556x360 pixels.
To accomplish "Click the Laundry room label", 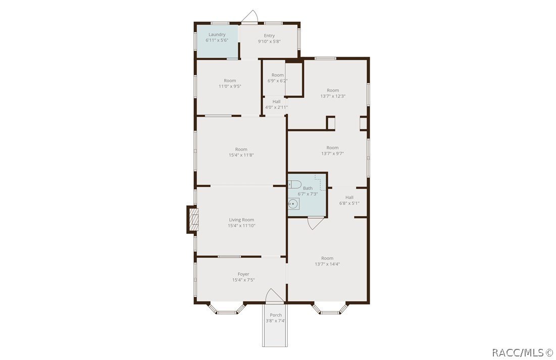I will (x=217, y=34).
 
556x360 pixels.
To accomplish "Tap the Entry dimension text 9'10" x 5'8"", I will (x=269, y=42).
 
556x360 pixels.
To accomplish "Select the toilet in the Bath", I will (x=295, y=183).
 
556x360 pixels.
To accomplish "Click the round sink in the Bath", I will (x=293, y=203).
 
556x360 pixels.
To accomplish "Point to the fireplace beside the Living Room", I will (x=192, y=219).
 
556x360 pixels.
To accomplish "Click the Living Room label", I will (x=241, y=220).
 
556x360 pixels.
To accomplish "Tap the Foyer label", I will (x=243, y=274).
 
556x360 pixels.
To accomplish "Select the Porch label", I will (x=276, y=315).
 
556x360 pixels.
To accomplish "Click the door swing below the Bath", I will (x=315, y=223).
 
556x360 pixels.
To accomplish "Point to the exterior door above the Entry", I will (x=249, y=17).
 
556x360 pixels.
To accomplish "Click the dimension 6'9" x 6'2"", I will (x=277, y=81).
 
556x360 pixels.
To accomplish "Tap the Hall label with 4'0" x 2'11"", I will (x=276, y=101).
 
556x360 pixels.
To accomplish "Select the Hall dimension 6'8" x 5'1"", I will (x=349, y=203).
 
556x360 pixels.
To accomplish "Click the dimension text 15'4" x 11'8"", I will (x=241, y=155).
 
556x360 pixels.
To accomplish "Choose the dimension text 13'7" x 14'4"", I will (x=327, y=264).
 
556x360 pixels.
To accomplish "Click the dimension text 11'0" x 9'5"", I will (x=230, y=86).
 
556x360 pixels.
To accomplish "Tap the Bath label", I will (x=308, y=188).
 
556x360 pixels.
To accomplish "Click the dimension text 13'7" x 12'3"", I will (x=333, y=96).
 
